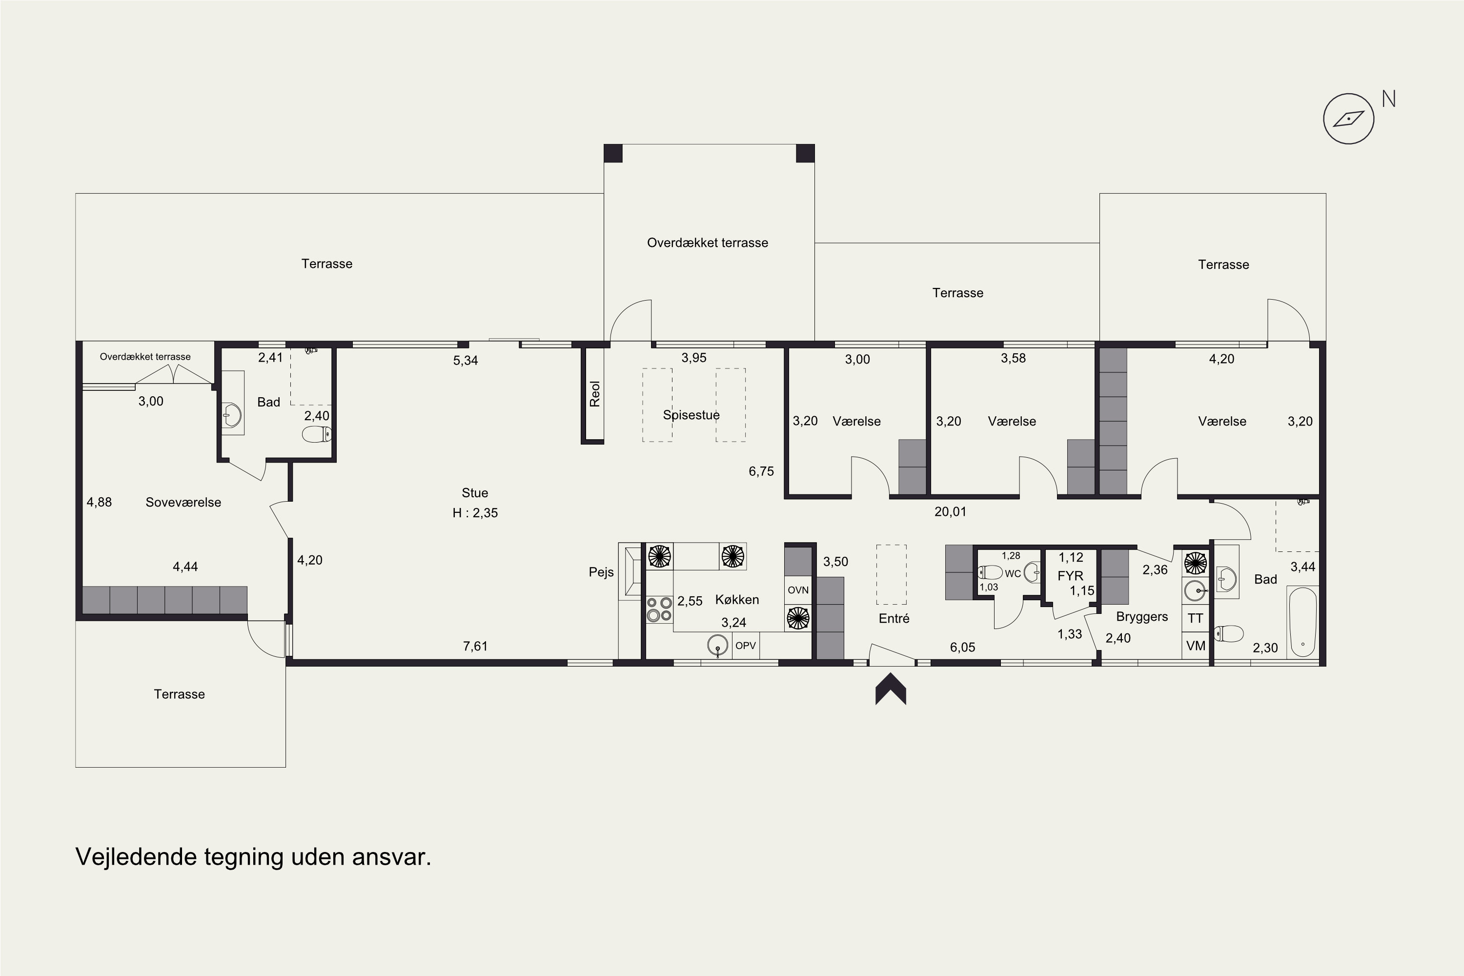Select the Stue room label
474,493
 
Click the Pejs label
601,572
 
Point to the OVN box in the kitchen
798,590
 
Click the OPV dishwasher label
746,646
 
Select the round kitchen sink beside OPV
718,646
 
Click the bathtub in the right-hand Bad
1303,622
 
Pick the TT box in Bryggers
1195,618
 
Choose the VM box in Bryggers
1195,646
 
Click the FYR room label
1070,576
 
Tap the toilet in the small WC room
990,572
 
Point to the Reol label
595,394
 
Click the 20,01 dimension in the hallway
950,511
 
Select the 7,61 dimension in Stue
475,646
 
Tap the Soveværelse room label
183,502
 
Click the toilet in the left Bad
317,434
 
